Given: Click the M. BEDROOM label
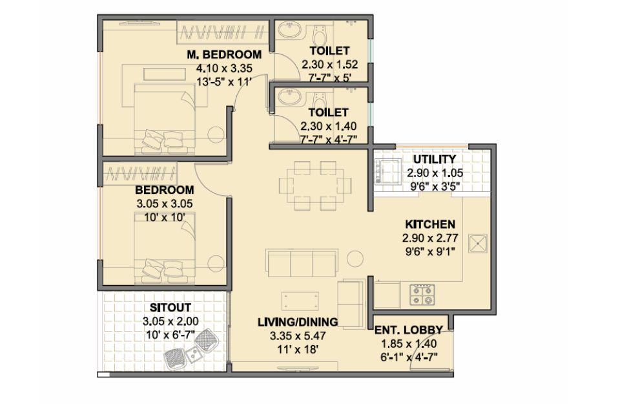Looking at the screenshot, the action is [x=224, y=54].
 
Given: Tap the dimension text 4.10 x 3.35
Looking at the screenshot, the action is [x=224, y=69].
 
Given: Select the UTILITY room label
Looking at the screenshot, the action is [x=435, y=160].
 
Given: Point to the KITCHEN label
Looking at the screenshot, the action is [x=430, y=224].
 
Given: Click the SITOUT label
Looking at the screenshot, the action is [x=170, y=307].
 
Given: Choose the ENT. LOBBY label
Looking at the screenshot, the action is [x=409, y=330].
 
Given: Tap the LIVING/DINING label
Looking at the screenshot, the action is [x=298, y=322].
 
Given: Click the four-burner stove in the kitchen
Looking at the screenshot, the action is [x=422, y=295].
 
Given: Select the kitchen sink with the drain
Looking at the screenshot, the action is [x=478, y=244].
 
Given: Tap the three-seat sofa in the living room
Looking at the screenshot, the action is [x=302, y=263].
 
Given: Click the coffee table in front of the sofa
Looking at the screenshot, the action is [x=300, y=301].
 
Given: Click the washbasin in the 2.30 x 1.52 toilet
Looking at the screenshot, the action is [x=289, y=30].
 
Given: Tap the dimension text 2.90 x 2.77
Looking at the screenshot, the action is [x=430, y=239].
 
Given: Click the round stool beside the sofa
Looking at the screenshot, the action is [x=355, y=259].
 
